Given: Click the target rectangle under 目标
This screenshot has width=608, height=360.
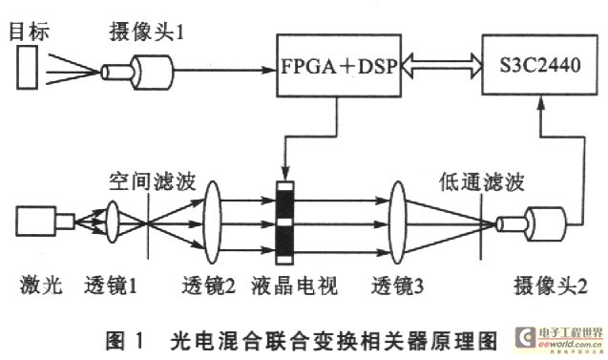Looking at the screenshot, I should click(x=29, y=71).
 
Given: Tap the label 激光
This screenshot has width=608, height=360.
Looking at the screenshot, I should click(x=34, y=286).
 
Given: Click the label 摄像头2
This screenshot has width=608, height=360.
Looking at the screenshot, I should click(x=540, y=286).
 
